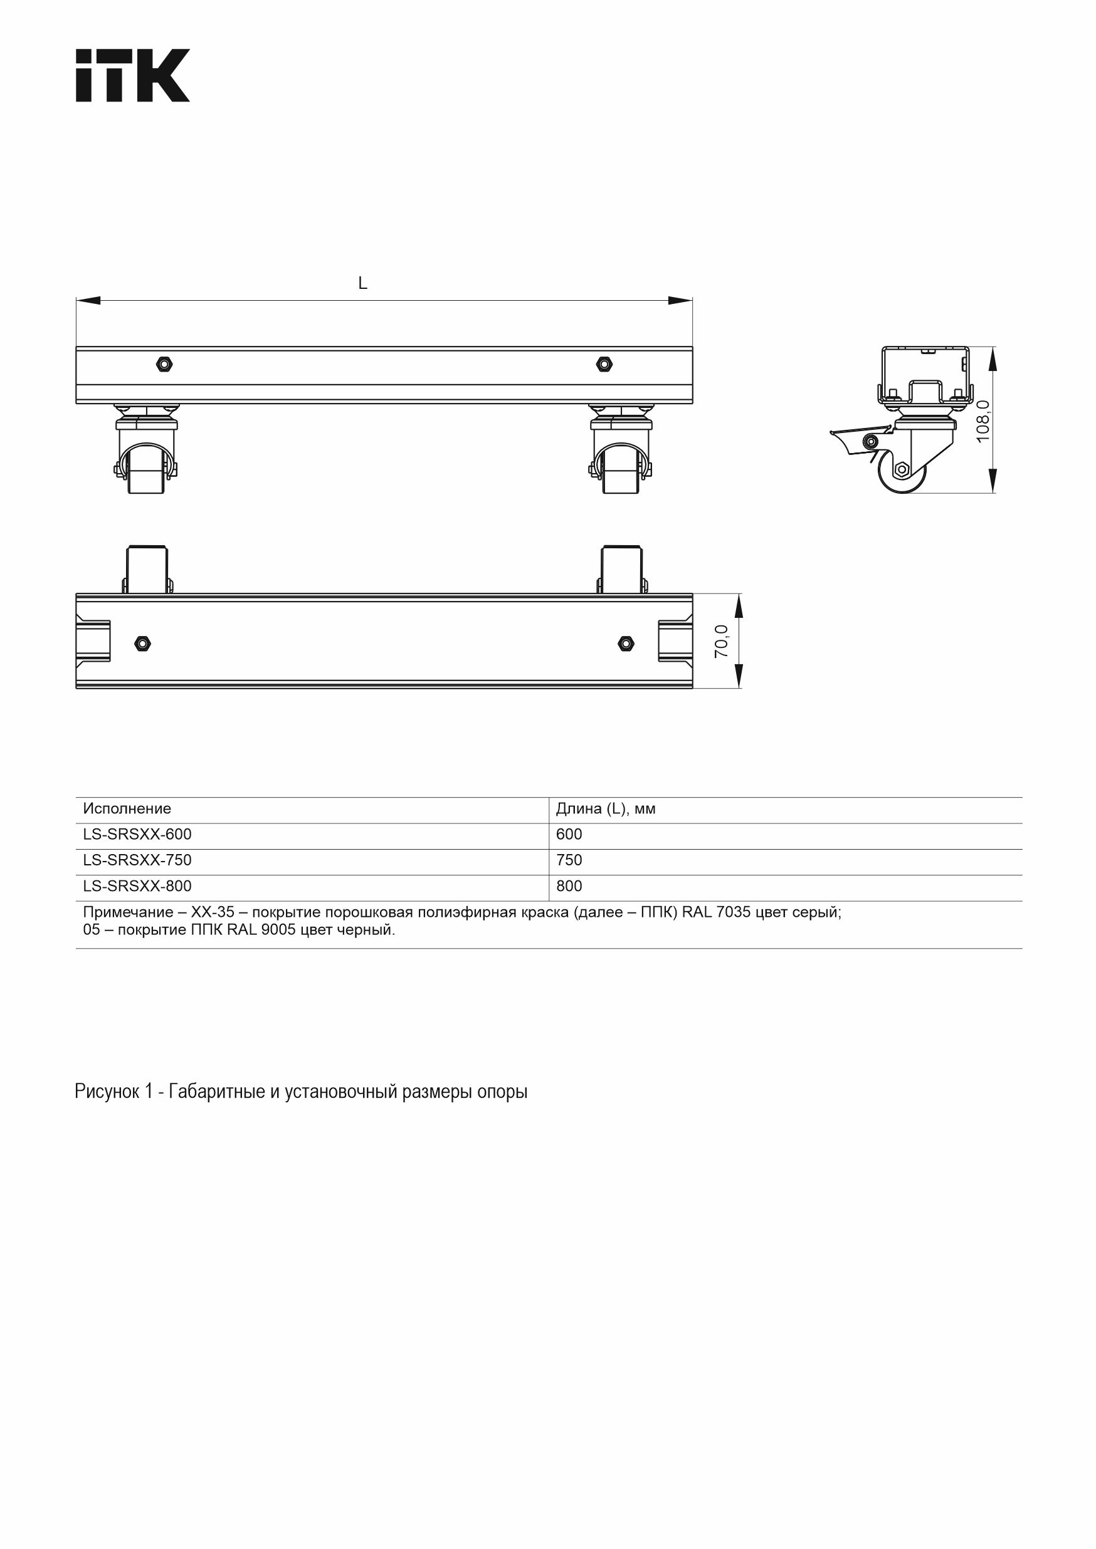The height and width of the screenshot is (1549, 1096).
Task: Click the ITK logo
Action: tap(132, 76)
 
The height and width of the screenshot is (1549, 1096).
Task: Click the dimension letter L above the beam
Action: tap(362, 283)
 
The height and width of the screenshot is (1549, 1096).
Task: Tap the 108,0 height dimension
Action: tap(983, 421)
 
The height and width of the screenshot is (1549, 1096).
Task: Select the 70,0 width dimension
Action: tap(722, 640)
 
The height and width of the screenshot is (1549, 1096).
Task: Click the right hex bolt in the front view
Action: tap(604, 364)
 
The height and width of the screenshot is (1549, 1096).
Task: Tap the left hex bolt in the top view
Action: tap(142, 644)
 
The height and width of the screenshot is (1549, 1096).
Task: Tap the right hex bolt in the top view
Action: tap(626, 644)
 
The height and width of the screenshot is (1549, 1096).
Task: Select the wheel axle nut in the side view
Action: tap(901, 469)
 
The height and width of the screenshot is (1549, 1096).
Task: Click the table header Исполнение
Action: tap(127, 808)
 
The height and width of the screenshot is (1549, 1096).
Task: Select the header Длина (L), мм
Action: tap(605, 808)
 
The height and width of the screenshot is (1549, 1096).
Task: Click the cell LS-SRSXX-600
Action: tap(137, 835)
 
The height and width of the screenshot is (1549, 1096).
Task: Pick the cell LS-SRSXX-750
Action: tap(137, 860)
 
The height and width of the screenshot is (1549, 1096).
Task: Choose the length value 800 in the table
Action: tap(569, 887)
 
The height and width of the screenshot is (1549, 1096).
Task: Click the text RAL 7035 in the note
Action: tap(716, 913)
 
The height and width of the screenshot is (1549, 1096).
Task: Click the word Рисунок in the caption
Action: tap(107, 1092)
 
